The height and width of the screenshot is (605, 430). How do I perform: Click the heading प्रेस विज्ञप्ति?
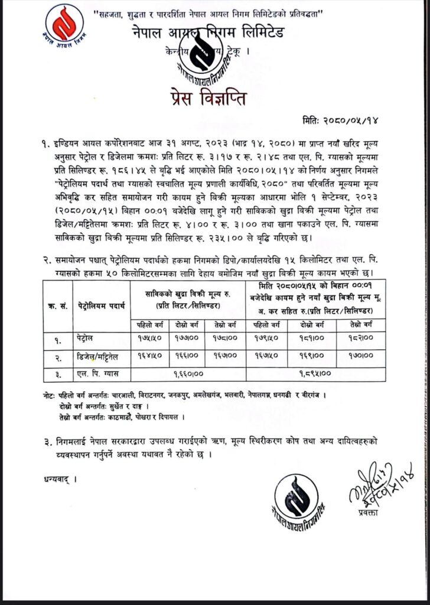(215, 95)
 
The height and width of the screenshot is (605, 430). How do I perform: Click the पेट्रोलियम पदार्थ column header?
(100, 305)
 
